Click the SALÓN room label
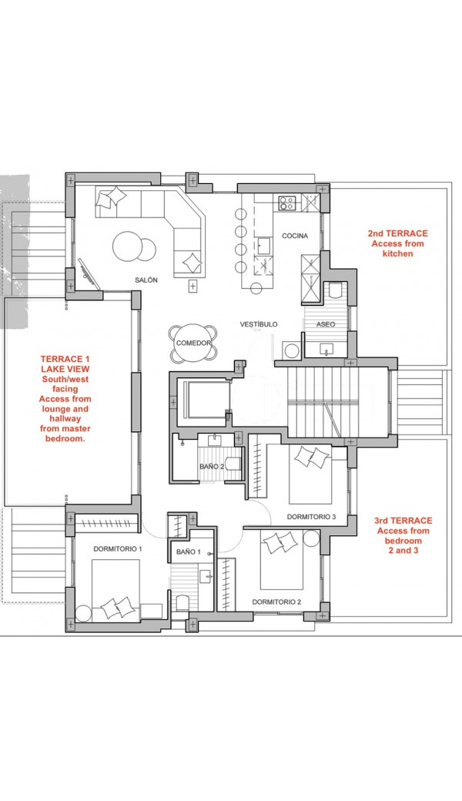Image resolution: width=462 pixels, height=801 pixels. click(x=146, y=280)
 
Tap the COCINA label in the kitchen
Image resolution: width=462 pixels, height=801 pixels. click(x=295, y=236)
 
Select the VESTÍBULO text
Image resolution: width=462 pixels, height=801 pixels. click(x=259, y=324)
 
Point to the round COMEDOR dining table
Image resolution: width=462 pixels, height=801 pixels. click(x=192, y=344)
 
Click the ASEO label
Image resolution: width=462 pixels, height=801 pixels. click(x=326, y=324)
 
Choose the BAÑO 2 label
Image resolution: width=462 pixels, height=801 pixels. click(x=212, y=467)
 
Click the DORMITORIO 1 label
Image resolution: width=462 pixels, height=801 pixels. click(x=117, y=548)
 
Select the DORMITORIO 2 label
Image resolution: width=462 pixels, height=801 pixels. click(x=276, y=602)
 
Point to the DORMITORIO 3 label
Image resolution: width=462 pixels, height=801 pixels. click(x=311, y=517)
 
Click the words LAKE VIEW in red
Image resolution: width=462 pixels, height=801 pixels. click(x=65, y=369)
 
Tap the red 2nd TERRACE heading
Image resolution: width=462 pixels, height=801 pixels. click(x=398, y=233)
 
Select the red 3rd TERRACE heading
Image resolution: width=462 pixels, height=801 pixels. click(x=403, y=521)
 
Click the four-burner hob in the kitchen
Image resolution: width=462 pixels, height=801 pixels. click(x=286, y=203)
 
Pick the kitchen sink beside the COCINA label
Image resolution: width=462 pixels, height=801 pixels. click(x=264, y=246)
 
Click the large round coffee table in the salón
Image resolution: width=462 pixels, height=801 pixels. click(x=128, y=246)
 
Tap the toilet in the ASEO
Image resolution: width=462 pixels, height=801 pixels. click(x=335, y=290)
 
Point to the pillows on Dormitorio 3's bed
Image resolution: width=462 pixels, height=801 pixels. click(x=311, y=456)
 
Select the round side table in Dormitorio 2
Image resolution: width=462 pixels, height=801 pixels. click(x=311, y=539)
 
